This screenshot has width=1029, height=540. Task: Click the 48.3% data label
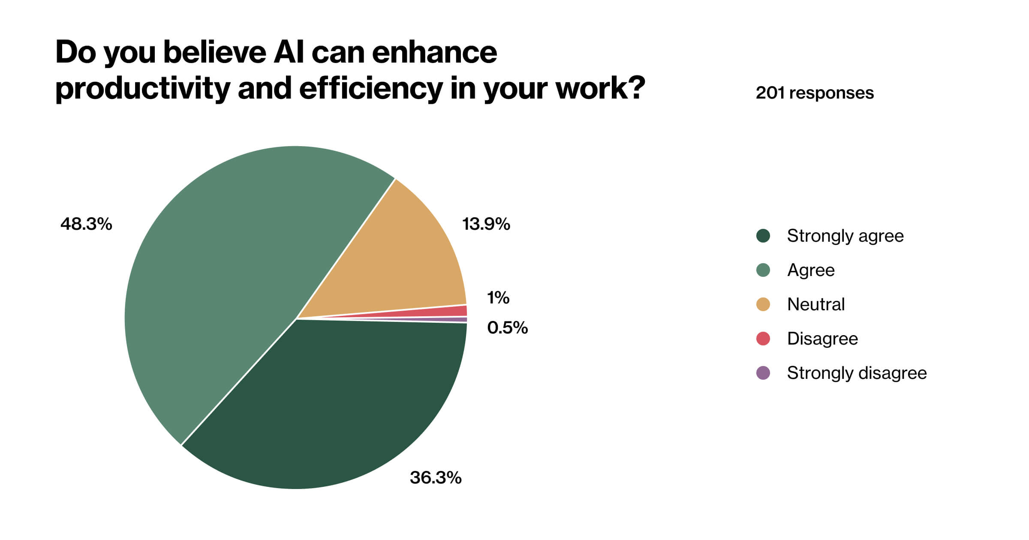pyautogui.click(x=86, y=224)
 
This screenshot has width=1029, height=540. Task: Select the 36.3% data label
pyautogui.click(x=436, y=477)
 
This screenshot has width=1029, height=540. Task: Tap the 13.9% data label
pyautogui.click(x=486, y=224)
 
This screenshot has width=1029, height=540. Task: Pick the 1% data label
pyautogui.click(x=498, y=297)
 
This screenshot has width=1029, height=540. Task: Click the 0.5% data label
pyautogui.click(x=507, y=328)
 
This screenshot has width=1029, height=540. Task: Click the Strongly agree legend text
pyautogui.click(x=845, y=236)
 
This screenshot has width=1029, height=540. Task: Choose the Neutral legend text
pyautogui.click(x=816, y=304)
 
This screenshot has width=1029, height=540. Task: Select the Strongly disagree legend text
pyautogui.click(x=857, y=373)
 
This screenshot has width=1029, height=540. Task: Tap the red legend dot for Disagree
pyautogui.click(x=763, y=339)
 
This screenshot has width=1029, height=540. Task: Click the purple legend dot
pyautogui.click(x=763, y=373)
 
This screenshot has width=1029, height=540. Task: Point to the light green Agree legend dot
pyautogui.click(x=763, y=270)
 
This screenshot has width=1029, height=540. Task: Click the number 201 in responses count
pyautogui.click(x=770, y=93)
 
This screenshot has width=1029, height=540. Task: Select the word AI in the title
pyautogui.click(x=289, y=52)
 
